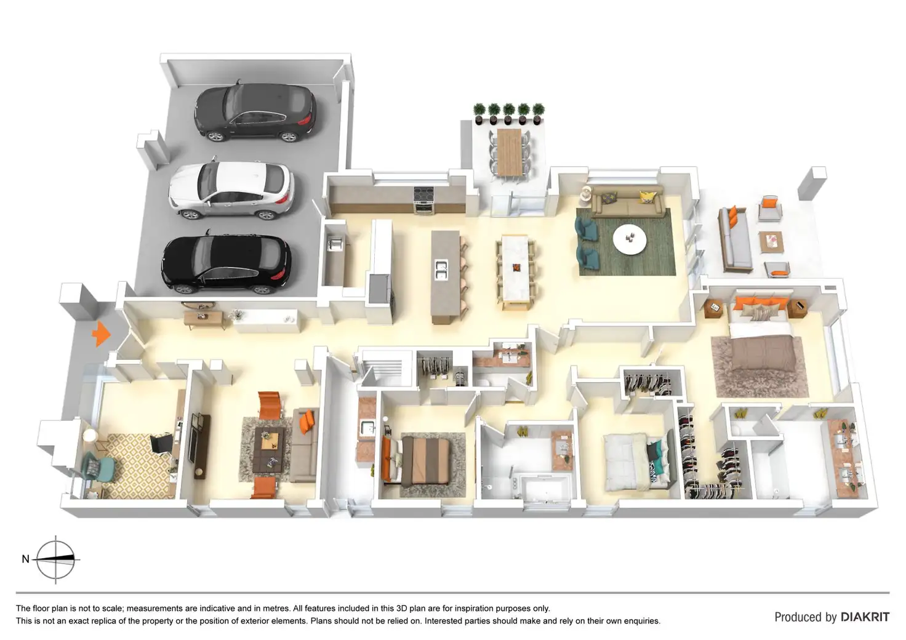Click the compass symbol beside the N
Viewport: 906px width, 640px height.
pos(56,559)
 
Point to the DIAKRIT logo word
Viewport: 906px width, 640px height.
pos(865,617)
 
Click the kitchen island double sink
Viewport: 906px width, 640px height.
pos(441,270)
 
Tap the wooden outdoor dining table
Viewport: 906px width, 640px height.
pos(509,151)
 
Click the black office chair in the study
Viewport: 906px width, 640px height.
pos(161,442)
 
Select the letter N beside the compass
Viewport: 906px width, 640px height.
pos(25,559)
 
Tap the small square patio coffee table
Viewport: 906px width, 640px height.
pos(771,241)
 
